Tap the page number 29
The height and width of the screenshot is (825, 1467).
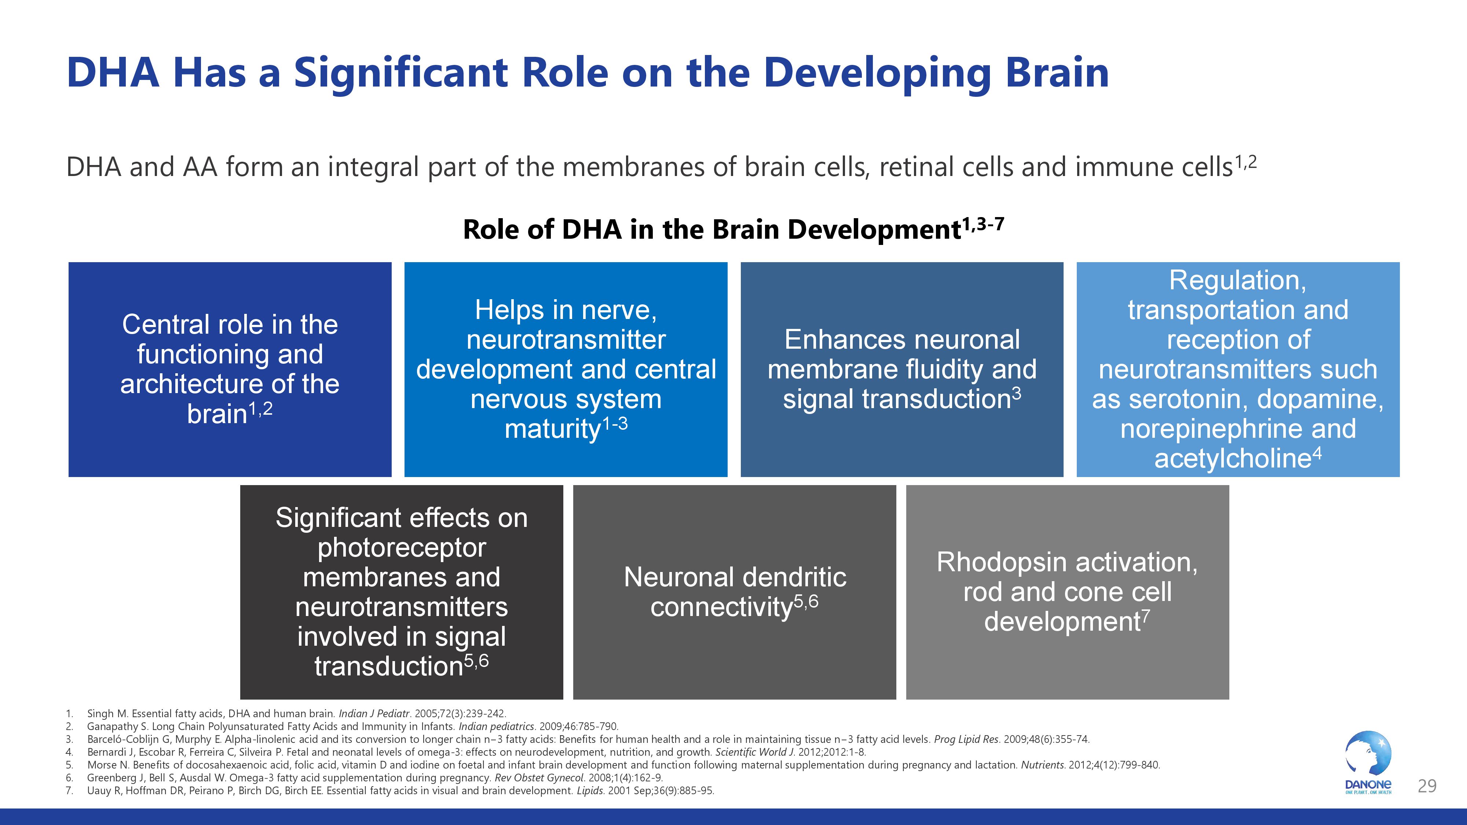tap(1427, 786)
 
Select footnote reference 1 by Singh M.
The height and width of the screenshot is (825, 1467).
tap(296, 714)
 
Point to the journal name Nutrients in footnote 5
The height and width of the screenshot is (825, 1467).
tap(1042, 765)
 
